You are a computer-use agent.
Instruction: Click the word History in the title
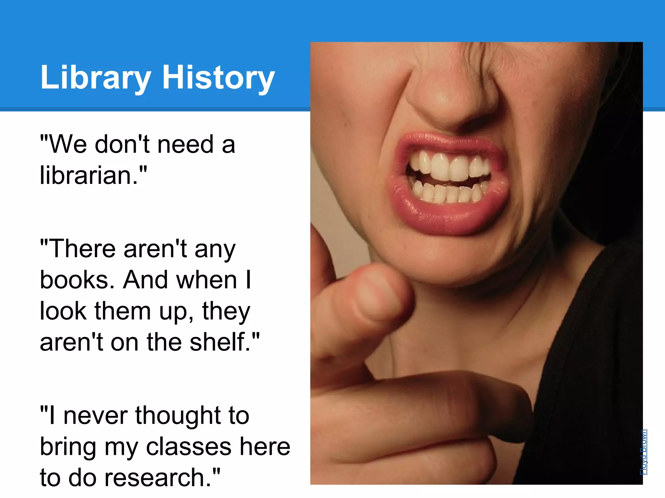(x=219, y=78)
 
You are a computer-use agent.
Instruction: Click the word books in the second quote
(x=77, y=280)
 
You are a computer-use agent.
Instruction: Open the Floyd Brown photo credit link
(x=643, y=452)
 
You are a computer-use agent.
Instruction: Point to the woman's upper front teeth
(x=450, y=167)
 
